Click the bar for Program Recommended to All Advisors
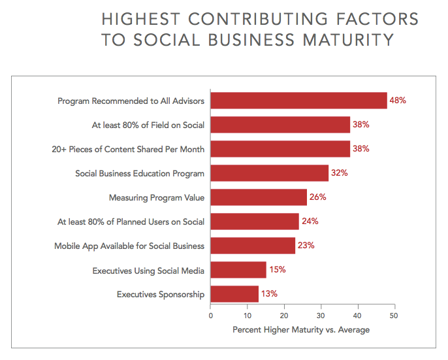coord(298,101)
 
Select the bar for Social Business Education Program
coord(269,173)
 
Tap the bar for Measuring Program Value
coord(259,197)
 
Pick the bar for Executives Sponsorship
coord(234,294)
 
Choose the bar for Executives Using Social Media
coord(238,270)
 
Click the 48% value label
coord(398,101)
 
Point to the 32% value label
coord(339,173)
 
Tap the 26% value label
coord(317,197)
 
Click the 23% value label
coord(306,246)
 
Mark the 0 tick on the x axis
coord(210,316)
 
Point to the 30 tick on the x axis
coord(321,316)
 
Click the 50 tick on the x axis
coord(394,316)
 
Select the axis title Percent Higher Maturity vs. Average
coord(301,330)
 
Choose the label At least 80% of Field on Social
coord(148,125)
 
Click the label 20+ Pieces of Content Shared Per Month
coord(128,149)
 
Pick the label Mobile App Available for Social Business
coord(129,246)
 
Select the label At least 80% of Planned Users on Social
coord(131,221)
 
